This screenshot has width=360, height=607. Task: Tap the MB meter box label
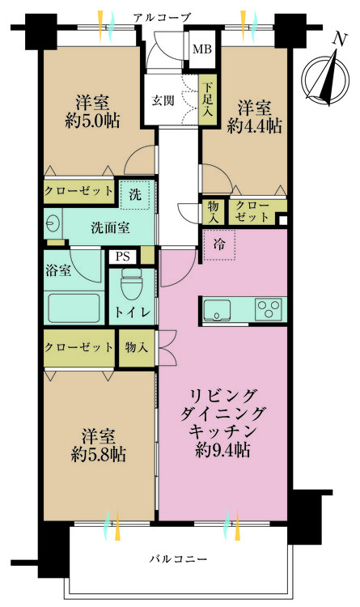coord(198,50)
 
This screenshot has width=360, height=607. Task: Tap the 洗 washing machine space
coord(134,194)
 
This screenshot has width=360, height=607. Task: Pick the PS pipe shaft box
coord(123,257)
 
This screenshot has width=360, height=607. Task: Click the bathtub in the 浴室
coord(74,308)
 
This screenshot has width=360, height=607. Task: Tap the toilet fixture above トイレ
coord(131,284)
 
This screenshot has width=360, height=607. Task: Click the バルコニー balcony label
coord(180,559)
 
